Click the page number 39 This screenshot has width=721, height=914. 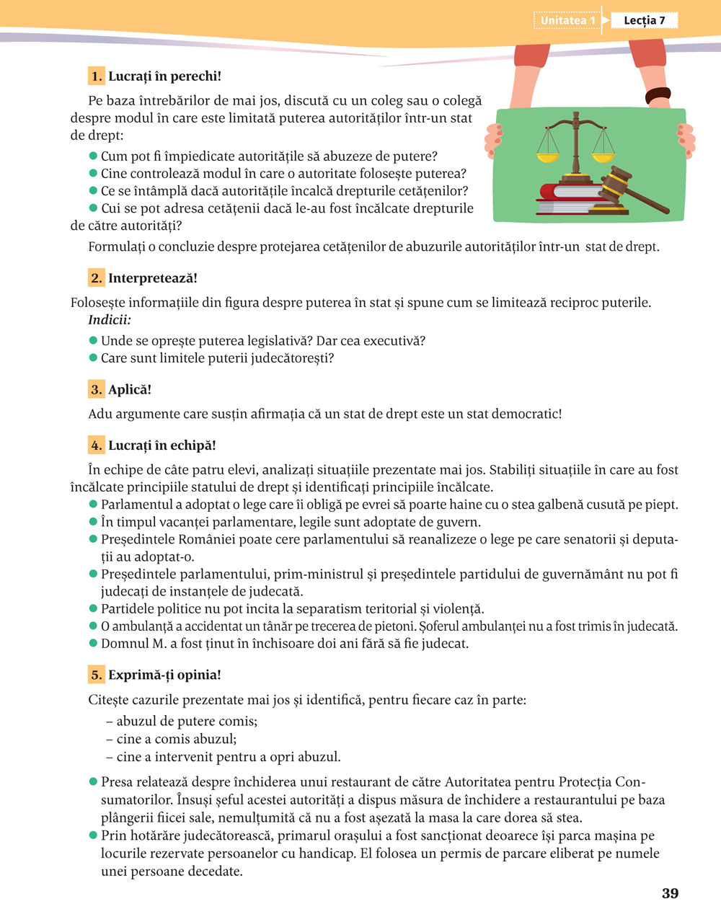click(x=670, y=893)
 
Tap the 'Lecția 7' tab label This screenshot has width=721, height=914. click(x=644, y=20)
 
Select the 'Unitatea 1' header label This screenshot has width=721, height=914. click(x=568, y=20)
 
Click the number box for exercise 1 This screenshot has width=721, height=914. click(x=97, y=76)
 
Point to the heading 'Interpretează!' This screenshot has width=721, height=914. click(x=153, y=278)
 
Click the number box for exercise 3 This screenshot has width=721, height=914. click(x=97, y=389)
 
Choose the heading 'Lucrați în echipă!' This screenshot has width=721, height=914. click(x=162, y=445)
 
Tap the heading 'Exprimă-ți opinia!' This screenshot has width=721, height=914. click(x=164, y=675)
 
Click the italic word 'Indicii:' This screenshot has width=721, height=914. click(x=110, y=320)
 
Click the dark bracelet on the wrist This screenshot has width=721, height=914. click(x=658, y=94)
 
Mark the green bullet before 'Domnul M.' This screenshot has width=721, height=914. click(x=93, y=643)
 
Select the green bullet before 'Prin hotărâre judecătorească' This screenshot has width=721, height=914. click(x=93, y=835)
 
